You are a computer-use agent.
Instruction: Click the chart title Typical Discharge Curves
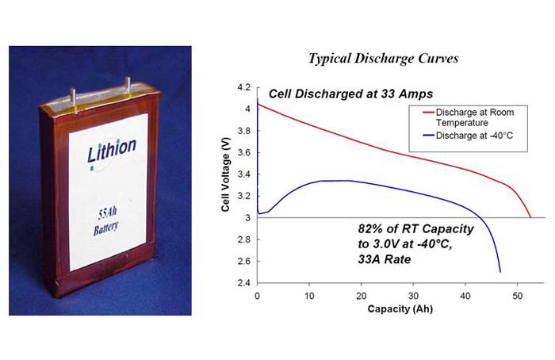pos(382,59)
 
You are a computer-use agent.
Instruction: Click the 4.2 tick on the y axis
pos(244,86)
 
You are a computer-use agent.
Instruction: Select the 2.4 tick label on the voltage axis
pos(244,283)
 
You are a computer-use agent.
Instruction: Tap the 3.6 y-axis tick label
pos(244,152)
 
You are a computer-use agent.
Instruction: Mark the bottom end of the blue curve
pos(500,272)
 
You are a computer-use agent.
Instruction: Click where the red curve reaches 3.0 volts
pos(530,216)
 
